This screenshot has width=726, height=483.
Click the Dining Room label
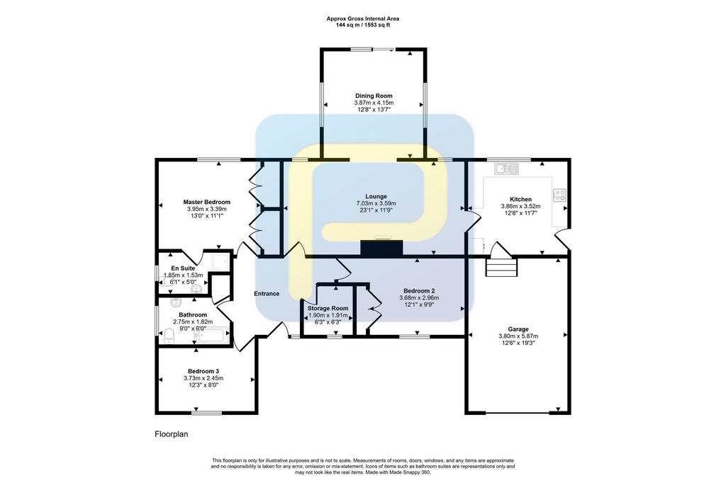pos(374,96)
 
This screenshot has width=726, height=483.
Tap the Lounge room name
pos(376,197)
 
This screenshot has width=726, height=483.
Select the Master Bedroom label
pos(206,202)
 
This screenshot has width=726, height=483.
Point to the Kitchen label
pos(520,200)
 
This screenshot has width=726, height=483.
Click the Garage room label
pos(518,329)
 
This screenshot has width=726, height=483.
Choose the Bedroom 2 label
pos(419,291)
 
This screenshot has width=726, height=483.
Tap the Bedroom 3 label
pos(203,371)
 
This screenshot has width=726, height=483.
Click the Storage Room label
pos(328,308)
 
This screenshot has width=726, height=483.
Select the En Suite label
pos(183,268)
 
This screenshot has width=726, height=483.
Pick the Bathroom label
pos(193,315)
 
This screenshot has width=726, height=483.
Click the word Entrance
pos(267,293)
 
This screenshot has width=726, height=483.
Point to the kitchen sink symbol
pos(506,169)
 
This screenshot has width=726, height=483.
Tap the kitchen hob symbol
pos(559,195)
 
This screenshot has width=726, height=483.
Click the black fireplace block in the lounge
pos(381,249)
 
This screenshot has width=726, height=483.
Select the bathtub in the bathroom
pos(212,336)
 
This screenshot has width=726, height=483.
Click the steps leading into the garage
pos(501,267)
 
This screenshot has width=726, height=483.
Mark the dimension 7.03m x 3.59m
pos(376,203)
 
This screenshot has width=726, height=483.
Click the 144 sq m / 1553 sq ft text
pos(363,25)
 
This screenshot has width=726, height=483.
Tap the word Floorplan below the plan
pos(172,434)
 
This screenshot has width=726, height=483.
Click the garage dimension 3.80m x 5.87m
pos(518,336)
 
